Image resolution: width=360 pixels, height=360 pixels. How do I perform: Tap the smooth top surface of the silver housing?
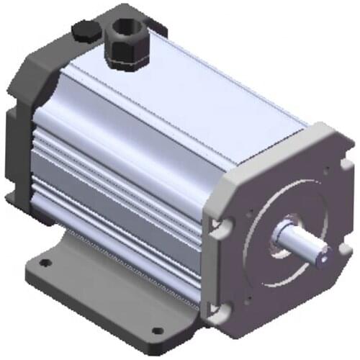(216, 94)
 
